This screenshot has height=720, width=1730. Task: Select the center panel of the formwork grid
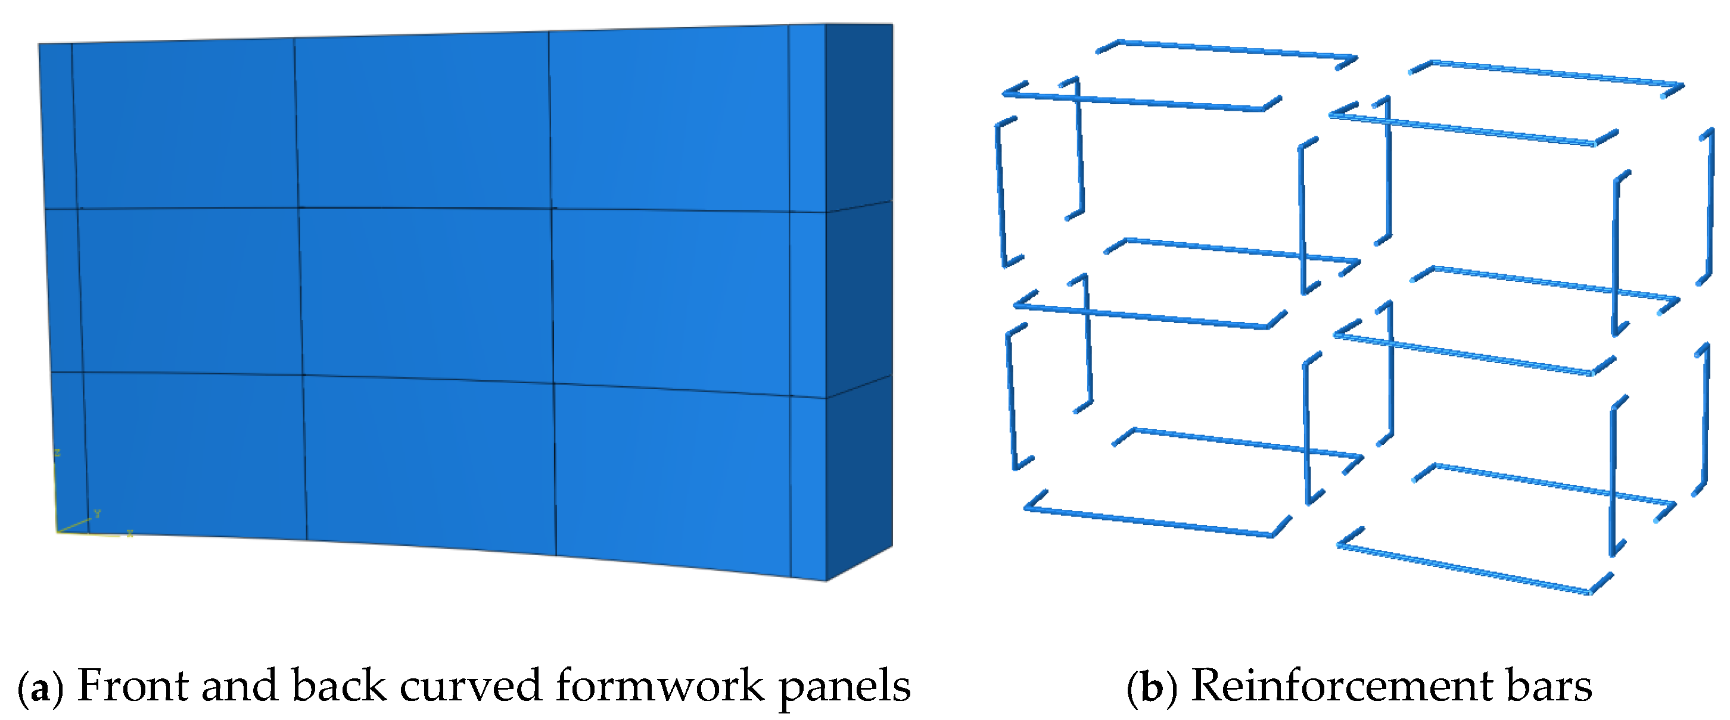pos(427,293)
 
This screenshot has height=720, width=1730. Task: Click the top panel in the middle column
pos(423,121)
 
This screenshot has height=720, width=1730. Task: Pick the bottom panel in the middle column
pos(430,463)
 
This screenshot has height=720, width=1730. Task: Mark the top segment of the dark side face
pos(859,114)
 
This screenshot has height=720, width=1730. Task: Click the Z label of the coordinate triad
pos(57,453)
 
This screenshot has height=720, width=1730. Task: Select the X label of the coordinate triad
pos(130,534)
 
